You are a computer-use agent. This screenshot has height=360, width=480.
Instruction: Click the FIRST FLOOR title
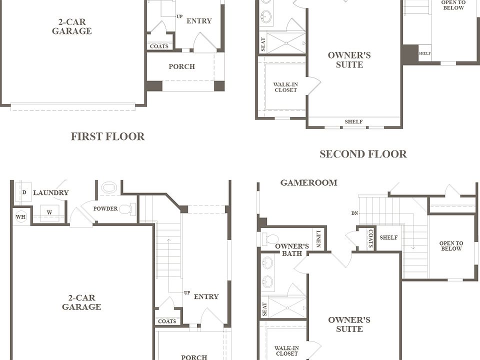[108, 136]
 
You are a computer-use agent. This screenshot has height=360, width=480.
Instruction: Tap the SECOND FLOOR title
[363, 153]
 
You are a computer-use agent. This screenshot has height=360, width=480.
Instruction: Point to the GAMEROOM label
[309, 182]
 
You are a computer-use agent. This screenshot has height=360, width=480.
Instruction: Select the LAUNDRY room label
[51, 192]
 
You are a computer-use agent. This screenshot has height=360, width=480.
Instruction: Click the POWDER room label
[105, 208]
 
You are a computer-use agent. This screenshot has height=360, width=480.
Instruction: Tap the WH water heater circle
[20, 216]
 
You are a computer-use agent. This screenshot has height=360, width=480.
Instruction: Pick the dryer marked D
[24, 192]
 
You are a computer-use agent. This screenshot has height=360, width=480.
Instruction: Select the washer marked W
[49, 212]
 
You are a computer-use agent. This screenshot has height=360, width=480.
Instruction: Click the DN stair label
[354, 213]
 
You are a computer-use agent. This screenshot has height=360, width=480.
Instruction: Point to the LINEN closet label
[318, 239]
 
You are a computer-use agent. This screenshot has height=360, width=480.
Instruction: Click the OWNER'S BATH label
[291, 250]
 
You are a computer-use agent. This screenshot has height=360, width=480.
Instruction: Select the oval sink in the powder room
[109, 187]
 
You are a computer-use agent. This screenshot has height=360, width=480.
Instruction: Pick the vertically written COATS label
[370, 238]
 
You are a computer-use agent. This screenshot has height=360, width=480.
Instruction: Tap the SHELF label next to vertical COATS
[388, 237]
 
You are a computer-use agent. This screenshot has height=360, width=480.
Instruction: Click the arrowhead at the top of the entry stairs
[168, 239]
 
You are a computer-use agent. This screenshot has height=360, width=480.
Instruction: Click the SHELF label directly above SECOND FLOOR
[353, 121]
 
